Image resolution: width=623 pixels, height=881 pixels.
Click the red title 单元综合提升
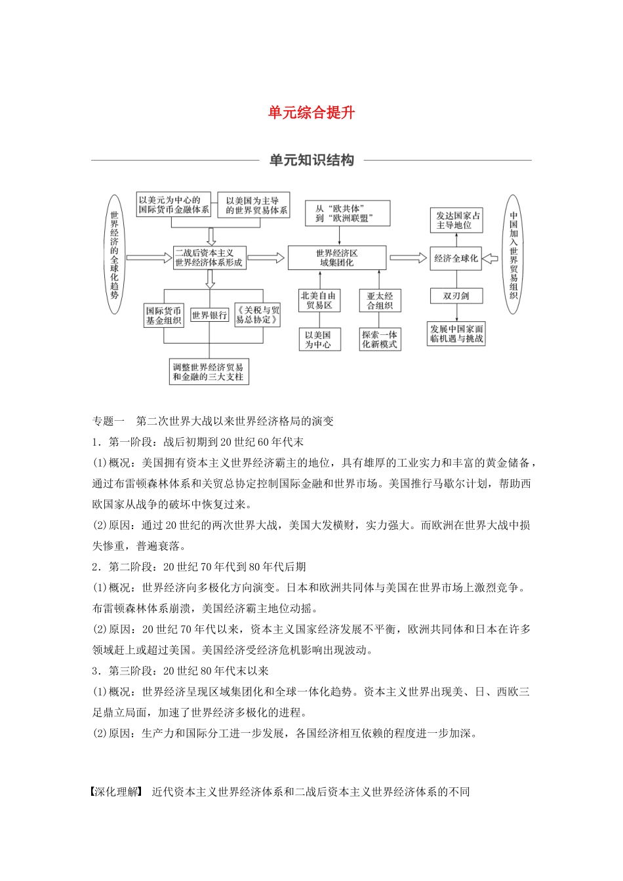coord(311,113)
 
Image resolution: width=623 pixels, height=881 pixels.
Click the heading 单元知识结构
coord(311,161)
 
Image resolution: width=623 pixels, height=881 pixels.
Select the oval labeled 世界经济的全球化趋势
coord(114,254)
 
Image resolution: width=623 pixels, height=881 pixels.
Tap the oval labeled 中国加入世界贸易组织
coord(513,254)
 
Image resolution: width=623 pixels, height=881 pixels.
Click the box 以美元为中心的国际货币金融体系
coord(174,205)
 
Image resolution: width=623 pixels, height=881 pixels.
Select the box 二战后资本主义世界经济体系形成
coord(209,258)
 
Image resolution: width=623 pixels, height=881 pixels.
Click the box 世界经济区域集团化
coord(337,258)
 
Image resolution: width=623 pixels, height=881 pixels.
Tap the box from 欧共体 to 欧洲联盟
coord(348,214)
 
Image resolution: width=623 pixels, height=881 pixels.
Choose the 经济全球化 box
coord(456,258)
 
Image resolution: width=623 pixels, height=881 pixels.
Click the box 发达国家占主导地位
coord(458,220)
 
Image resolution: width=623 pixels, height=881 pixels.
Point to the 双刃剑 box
coord(456,296)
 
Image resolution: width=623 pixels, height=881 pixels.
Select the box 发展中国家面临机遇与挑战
coord(456,334)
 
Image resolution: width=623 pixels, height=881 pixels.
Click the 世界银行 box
coord(209,315)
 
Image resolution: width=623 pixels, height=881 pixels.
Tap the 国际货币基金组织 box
coord(164,315)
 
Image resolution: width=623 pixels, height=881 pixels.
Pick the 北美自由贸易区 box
coord(319,300)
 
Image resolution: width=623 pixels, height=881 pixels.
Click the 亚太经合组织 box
coord(380,301)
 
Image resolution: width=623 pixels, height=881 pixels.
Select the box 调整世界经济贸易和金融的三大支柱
coord(209,372)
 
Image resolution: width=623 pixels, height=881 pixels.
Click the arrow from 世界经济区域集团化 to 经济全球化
coord(408,258)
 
